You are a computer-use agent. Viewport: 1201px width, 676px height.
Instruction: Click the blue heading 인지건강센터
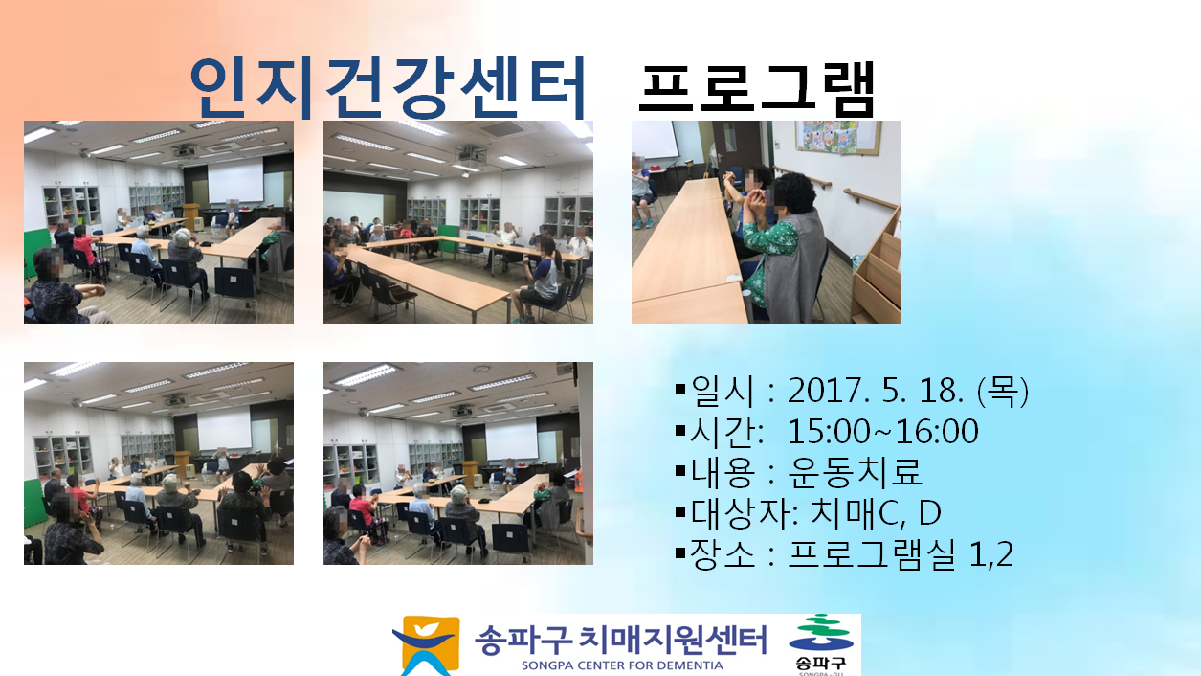[x=388, y=87]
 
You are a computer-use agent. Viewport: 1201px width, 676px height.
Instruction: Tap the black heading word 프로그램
[x=757, y=89]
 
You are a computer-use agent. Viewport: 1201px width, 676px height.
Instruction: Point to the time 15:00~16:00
[x=882, y=431]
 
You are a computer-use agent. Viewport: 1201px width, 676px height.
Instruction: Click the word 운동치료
[x=855, y=472]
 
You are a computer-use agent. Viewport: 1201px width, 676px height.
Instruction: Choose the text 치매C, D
[x=876, y=513]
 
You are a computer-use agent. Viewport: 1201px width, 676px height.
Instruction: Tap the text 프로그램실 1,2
[x=901, y=554]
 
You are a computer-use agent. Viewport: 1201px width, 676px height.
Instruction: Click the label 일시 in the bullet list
[x=723, y=391]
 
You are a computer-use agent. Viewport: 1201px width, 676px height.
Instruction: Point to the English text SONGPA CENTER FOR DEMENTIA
[x=622, y=665]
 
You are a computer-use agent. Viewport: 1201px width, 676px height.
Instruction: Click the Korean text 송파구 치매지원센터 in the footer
[x=621, y=639]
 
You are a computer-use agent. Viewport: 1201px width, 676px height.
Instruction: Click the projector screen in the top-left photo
[x=235, y=180]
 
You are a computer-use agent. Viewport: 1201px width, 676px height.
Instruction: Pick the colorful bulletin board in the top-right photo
[x=837, y=137]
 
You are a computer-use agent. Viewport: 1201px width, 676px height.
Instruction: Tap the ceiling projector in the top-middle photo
[x=471, y=155]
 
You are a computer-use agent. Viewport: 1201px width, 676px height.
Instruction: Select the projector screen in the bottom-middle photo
[x=511, y=439]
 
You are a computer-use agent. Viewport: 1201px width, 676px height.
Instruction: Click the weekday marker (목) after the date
[x=1003, y=391]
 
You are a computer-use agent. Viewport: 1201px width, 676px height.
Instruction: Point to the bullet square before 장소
[x=681, y=552]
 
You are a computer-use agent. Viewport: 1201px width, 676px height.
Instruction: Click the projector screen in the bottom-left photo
[x=224, y=428]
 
